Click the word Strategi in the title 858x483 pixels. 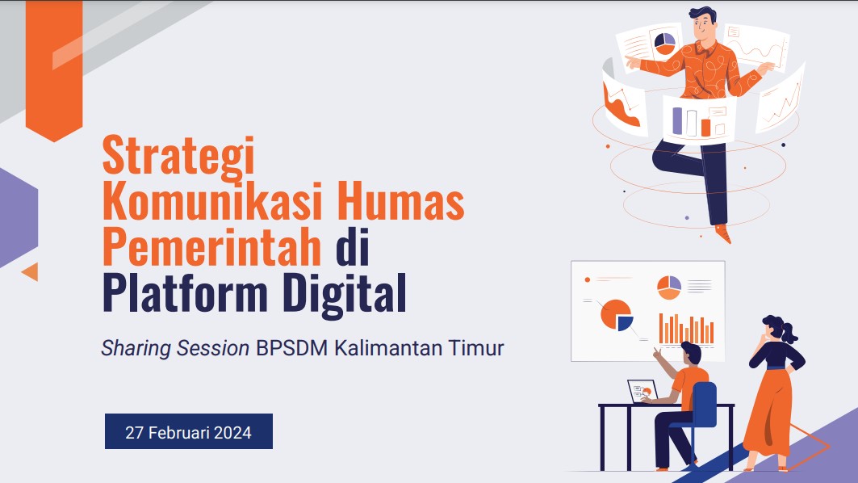tap(178, 157)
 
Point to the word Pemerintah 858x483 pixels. tap(212, 249)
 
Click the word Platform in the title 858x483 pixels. tap(184, 294)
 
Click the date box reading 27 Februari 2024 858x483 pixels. tap(189, 431)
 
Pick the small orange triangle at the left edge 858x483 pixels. tap(31, 271)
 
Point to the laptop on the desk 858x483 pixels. tap(642, 391)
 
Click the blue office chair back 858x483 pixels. tap(703, 404)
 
